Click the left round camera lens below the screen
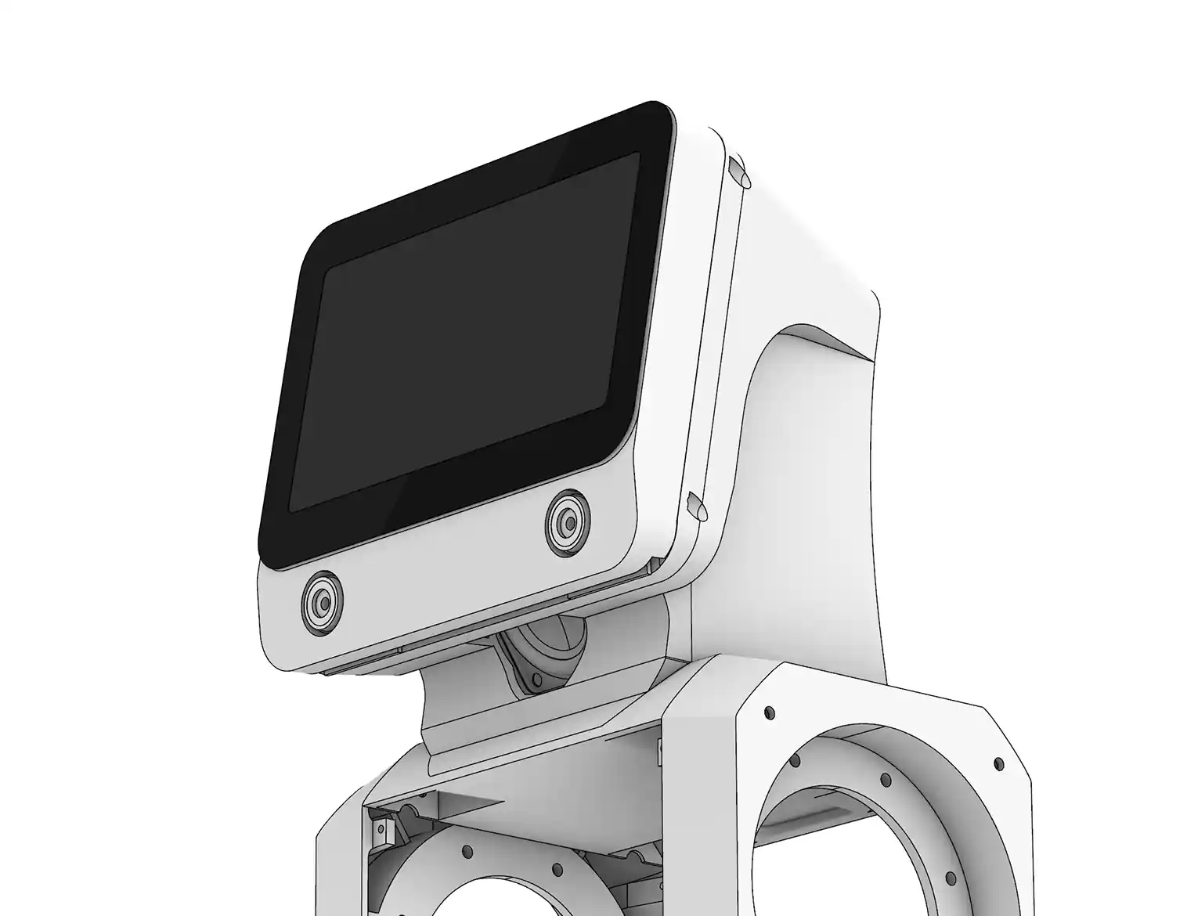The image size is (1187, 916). point(322,602)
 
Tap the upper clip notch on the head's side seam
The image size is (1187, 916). point(737,173)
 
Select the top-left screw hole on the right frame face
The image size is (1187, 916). point(769,712)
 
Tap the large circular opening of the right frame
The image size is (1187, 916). point(885,846)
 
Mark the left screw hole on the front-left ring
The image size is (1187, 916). point(468,850)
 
